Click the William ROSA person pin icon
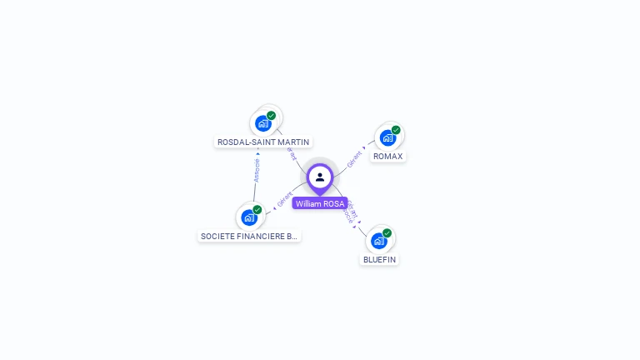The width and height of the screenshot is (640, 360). (320, 177)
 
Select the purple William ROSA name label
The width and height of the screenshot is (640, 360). (320, 203)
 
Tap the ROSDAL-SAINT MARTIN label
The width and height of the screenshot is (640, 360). (263, 142)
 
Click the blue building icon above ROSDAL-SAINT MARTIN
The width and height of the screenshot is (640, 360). (263, 124)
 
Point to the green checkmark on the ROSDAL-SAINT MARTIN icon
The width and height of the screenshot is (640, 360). (272, 116)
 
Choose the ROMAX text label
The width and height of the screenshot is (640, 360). (387, 157)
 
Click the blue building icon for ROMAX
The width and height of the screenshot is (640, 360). (387, 138)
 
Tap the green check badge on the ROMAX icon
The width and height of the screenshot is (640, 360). (396, 130)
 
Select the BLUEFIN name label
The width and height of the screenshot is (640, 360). (380, 259)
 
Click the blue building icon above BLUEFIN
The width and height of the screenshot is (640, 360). (379, 242)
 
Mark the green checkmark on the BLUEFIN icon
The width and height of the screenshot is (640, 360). (387, 233)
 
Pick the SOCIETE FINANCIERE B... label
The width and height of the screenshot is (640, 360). (249, 237)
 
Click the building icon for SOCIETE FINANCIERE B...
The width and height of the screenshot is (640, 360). (248, 218)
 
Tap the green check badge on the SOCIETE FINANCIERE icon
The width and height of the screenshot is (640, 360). (257, 210)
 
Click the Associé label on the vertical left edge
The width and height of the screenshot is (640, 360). (257, 170)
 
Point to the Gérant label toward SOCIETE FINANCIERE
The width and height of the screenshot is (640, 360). (285, 200)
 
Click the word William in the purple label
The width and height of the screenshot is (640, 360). (308, 203)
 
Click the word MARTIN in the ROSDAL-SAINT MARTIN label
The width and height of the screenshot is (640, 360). (294, 142)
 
